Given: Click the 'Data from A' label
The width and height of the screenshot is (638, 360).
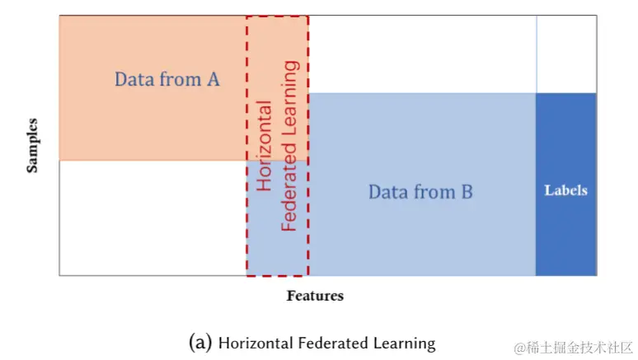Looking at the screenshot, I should tap(167, 80).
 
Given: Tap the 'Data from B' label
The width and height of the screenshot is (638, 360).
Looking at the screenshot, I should tap(420, 192).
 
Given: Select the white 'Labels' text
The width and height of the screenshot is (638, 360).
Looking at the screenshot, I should tap(565, 190).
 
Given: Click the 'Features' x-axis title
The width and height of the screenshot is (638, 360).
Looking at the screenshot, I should tap(315, 295).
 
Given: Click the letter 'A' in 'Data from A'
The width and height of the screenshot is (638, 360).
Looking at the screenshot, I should tap(213, 80).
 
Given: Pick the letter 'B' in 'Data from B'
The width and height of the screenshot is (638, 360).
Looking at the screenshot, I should tap(466, 192).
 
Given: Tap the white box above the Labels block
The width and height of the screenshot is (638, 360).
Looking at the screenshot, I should tap(565, 54).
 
